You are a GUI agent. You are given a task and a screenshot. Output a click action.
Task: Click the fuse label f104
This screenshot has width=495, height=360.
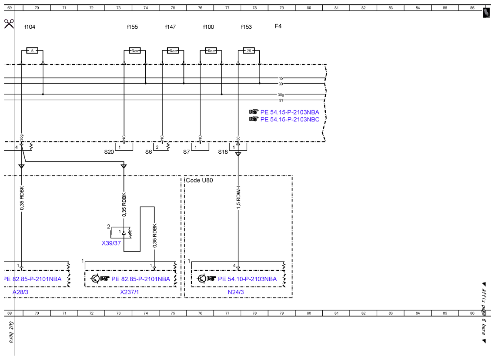click(30, 27)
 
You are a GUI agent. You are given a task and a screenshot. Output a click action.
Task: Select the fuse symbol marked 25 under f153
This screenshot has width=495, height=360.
click(249, 50)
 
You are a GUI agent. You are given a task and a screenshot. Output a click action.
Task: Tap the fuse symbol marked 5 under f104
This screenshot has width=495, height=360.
click(32, 50)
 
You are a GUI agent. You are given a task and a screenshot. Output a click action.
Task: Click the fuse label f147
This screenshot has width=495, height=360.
click(170, 27)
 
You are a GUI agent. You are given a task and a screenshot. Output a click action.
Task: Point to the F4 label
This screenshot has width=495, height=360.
click(278, 26)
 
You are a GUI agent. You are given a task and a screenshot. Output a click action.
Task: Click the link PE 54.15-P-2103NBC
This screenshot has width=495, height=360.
click(290, 119)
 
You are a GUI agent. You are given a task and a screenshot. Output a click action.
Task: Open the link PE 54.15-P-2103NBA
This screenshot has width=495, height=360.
click(290, 112)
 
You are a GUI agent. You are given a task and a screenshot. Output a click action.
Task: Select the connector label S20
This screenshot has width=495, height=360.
click(109, 152)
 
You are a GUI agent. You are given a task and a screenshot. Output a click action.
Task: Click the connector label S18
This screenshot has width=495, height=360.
click(223, 152)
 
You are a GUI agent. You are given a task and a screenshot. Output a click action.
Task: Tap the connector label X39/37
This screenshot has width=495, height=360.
click(111, 243)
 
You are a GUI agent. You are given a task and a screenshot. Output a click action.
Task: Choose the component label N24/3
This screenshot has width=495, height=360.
click(236, 292)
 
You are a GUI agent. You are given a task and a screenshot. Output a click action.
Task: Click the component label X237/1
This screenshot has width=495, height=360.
click(130, 292)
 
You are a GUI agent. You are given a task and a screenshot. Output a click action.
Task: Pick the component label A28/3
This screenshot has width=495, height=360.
click(20, 292)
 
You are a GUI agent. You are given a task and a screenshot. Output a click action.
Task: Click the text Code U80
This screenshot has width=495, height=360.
click(199, 180)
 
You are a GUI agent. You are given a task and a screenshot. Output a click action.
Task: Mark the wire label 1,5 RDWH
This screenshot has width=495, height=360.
click(238, 198)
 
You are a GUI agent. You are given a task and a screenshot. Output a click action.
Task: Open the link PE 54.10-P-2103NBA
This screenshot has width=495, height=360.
click(247, 279)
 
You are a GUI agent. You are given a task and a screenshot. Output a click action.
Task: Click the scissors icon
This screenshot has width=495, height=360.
click(9, 24)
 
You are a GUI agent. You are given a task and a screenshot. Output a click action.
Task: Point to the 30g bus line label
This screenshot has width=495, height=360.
click(281, 94)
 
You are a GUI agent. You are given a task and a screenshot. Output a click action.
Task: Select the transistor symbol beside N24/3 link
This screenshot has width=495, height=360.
click(202, 279)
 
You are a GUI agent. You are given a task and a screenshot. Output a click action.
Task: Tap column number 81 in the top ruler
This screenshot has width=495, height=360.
click(336, 8)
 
